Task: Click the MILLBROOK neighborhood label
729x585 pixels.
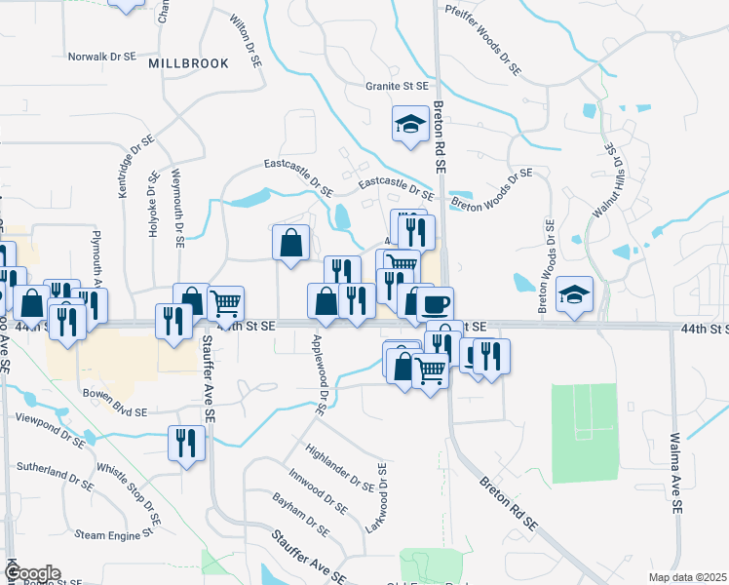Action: click(189, 63)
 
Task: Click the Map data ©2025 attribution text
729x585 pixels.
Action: click(687, 577)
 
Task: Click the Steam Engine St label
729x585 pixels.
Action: click(114, 534)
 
